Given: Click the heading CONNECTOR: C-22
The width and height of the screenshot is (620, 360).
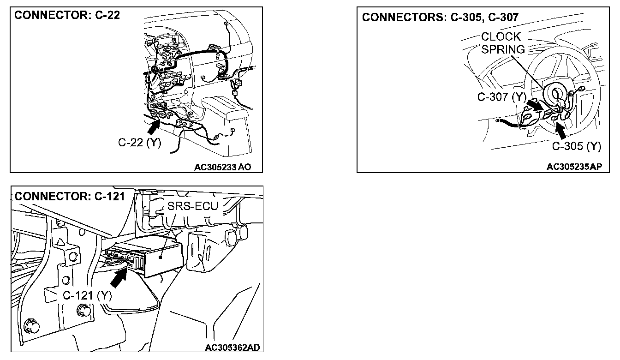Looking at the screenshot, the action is pos(67,15).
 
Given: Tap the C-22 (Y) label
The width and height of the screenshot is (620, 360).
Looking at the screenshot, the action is pos(140,143).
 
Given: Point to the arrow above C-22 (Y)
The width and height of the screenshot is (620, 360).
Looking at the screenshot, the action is pos(155,123).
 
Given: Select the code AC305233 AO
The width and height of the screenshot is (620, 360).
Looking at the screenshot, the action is pos(223,167).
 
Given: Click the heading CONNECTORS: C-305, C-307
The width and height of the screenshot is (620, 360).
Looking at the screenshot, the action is pos(440,17).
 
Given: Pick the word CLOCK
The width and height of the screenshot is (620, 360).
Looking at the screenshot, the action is pos(501,36).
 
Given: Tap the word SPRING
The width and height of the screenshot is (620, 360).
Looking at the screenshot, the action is pos(503,49).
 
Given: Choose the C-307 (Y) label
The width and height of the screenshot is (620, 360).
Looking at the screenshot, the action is pos(501,97).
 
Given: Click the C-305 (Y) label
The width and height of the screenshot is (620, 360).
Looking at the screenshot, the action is pos(577,146).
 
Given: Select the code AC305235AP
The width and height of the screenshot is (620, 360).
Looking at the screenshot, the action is pos(574,167).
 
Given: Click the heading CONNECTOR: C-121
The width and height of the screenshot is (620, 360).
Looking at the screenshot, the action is pos(70,196).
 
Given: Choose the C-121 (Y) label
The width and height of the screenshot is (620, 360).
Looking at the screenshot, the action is pos(87,296).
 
